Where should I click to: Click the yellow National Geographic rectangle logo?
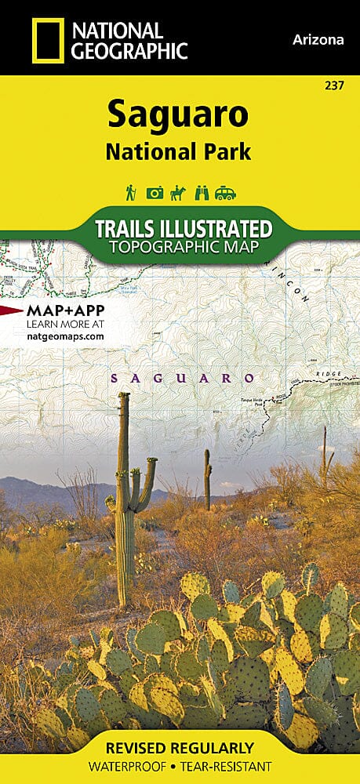point(46,41)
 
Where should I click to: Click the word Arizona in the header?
point(317,40)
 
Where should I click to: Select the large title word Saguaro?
point(178,114)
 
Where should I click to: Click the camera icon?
point(155,193)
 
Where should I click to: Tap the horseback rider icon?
point(179,192)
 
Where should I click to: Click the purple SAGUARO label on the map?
point(183,378)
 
